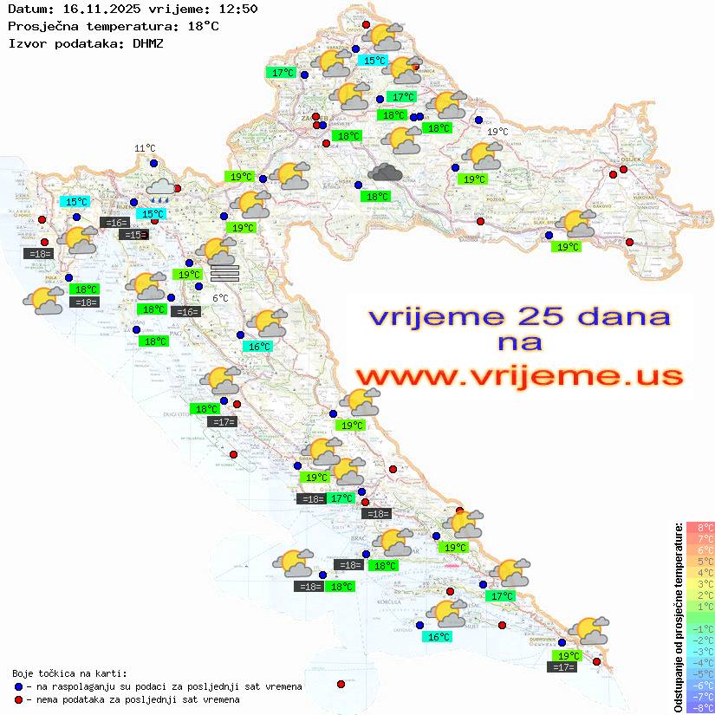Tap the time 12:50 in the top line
coord(238,10)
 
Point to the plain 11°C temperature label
coord(144,149)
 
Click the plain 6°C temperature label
coord(220,298)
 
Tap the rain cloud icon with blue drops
coord(159,188)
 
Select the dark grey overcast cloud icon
coord(385,172)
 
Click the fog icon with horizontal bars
coord(224,273)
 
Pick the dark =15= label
coord(133,235)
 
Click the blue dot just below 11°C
coord(153,163)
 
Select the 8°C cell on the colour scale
coord(700,528)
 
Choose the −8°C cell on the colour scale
coord(700,708)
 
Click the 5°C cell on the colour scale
coord(700,562)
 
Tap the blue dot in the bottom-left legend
coord(18,686)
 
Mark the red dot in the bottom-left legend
coord(18,699)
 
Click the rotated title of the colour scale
coord(679,616)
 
